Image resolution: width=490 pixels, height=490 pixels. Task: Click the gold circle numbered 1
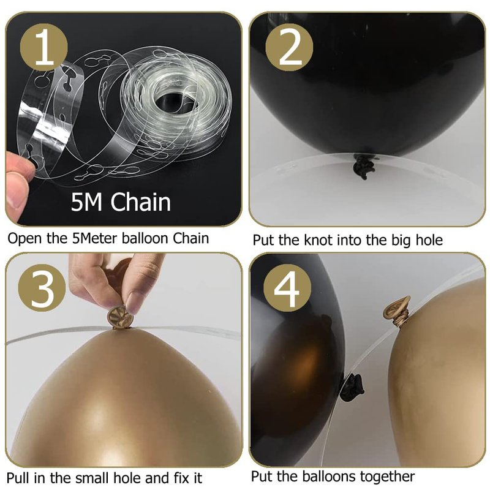(43, 47)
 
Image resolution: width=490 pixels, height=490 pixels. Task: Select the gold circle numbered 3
(42, 288)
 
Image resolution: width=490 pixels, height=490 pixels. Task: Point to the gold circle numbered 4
(287, 288)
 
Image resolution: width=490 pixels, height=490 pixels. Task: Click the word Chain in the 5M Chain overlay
(141, 202)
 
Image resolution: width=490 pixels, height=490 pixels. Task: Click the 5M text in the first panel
(86, 202)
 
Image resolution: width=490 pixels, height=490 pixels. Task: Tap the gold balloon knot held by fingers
(120, 317)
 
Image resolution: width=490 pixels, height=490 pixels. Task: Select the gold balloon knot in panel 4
(397, 312)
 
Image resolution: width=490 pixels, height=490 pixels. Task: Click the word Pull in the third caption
(18, 478)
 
